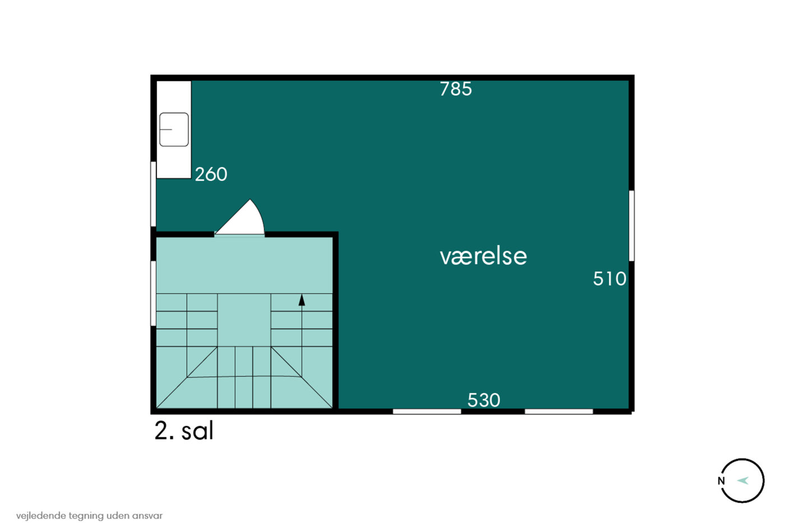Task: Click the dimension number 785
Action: [x=455, y=89]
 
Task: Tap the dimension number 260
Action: [x=211, y=174]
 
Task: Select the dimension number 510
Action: [x=609, y=279]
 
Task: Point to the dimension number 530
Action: [x=483, y=400]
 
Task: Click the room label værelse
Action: [x=483, y=256]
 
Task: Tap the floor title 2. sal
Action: [x=184, y=431]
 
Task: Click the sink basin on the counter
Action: [x=174, y=129]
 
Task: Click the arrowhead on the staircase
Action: [x=302, y=300]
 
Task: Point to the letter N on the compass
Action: [x=721, y=481]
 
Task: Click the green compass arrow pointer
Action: [x=743, y=480]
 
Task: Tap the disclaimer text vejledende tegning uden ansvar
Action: [x=89, y=516]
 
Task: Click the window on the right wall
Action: [x=631, y=225]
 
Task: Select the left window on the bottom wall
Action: [x=427, y=411]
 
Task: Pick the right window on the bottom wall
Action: [x=558, y=411]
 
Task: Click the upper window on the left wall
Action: [x=153, y=194]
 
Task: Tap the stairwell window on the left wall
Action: [x=153, y=293]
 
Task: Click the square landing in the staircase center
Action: [x=244, y=320]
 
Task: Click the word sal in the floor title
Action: [x=197, y=431]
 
